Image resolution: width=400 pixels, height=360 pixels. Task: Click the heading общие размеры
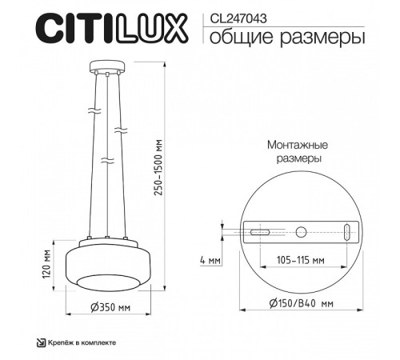tap(279, 37)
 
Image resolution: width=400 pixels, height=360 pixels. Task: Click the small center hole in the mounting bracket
tap(301, 233)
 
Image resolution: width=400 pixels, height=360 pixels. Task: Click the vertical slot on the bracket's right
tap(346, 233)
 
